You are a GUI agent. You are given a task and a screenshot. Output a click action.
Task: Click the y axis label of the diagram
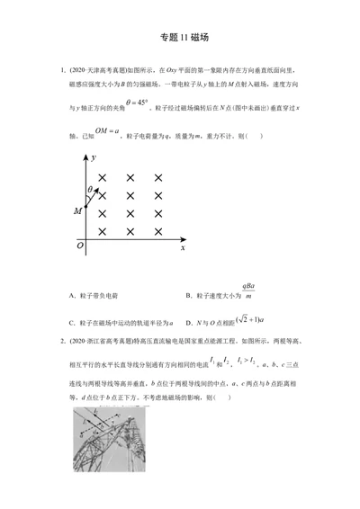[94, 157]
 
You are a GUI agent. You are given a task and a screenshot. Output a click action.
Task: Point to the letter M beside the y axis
[77, 210]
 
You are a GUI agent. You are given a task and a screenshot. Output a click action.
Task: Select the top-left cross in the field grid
[103, 177]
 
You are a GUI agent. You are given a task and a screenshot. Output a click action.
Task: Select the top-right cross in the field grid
[158, 177]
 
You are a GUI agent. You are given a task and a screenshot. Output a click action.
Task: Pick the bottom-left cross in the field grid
[103, 231]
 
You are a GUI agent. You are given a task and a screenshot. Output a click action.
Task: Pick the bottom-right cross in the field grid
[158, 231]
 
